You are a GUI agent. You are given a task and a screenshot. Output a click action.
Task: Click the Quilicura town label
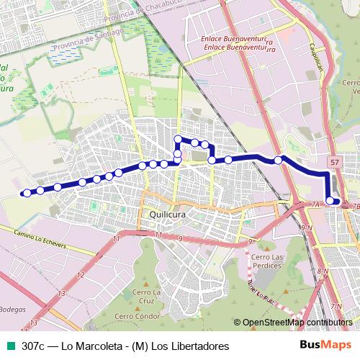coord(168,214)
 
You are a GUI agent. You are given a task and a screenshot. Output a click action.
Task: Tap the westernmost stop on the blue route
coord(27,192)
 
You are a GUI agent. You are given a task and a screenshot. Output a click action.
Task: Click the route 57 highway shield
coord(336,163)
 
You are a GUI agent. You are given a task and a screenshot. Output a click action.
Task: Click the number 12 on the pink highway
coord(80,275)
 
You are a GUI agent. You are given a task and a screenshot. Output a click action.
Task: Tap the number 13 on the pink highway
coord(62,293)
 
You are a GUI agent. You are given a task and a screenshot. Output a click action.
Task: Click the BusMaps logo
coord(323,346)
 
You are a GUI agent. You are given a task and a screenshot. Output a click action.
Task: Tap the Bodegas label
coord(13,310)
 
